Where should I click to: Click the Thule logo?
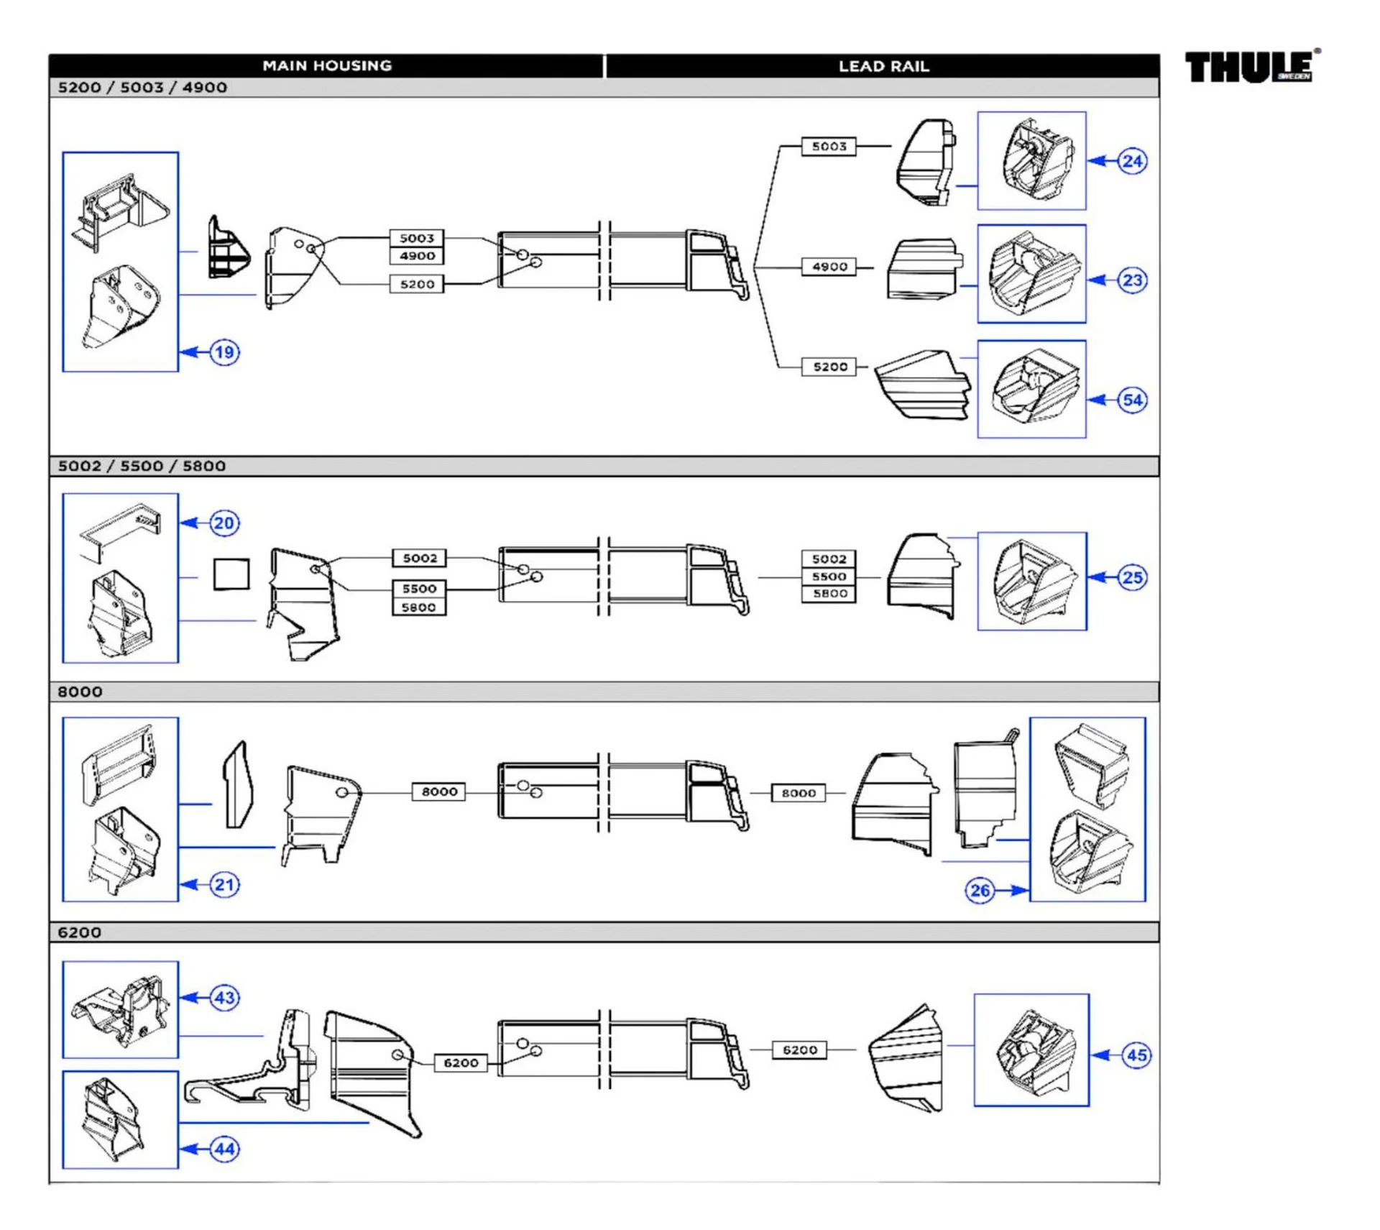(1251, 68)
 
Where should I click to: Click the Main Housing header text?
(327, 65)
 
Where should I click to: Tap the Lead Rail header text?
(883, 66)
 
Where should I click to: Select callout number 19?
(224, 352)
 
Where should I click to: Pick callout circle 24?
(1132, 161)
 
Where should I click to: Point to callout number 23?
(1132, 280)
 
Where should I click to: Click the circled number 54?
(1132, 400)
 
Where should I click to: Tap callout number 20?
(224, 523)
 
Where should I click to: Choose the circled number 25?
(1132, 577)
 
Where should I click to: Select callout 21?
(224, 884)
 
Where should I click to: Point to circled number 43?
(224, 997)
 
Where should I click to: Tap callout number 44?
(224, 1149)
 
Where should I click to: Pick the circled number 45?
(1136, 1055)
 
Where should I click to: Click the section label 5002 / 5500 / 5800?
(142, 466)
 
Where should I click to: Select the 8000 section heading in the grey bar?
(80, 692)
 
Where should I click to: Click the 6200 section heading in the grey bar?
(79, 932)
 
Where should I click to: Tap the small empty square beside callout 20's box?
(231, 574)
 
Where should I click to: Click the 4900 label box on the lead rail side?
(829, 267)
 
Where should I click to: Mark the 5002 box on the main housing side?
(419, 558)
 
